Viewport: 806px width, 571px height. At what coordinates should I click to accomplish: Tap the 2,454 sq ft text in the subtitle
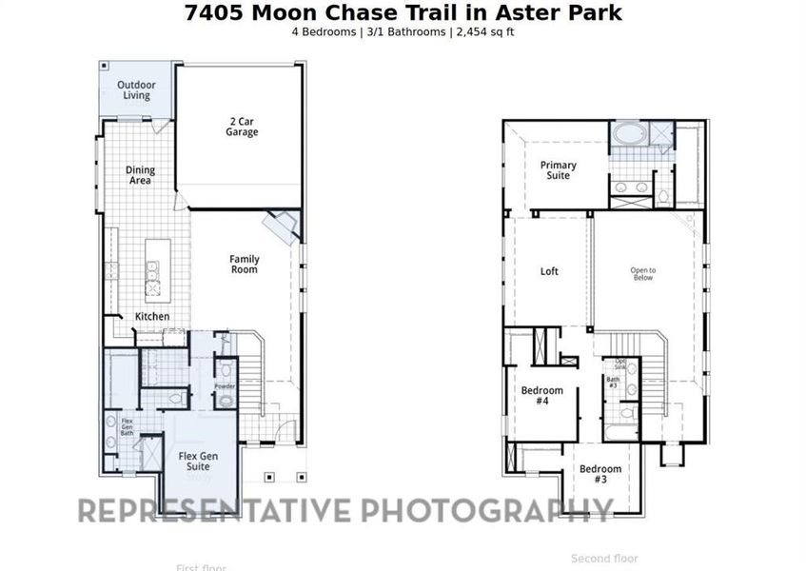coord(482,31)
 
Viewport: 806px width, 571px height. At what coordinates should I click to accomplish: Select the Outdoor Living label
coord(136,90)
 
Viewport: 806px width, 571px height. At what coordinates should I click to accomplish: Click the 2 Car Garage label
coord(242,127)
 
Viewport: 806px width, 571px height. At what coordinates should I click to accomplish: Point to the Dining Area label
coord(141,175)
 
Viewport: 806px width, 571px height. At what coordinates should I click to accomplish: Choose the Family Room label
coord(244,265)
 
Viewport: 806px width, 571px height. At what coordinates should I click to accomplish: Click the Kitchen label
coord(152,316)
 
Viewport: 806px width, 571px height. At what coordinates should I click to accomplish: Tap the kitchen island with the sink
coord(152,267)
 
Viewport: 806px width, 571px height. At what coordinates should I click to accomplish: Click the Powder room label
coord(225,386)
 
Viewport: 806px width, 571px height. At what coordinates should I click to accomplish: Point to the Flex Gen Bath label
coord(127,426)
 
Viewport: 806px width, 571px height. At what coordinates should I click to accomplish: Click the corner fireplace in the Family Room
coord(283,226)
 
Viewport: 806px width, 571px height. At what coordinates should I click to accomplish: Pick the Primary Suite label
coord(558,170)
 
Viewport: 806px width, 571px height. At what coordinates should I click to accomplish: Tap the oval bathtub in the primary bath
coord(628,134)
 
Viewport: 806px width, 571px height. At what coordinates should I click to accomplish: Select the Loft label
coord(549,271)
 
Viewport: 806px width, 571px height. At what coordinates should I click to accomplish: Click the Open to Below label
coord(643,274)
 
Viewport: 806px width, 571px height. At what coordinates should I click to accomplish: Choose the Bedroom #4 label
coord(541,396)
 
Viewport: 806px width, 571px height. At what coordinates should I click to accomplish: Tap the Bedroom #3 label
coord(600,474)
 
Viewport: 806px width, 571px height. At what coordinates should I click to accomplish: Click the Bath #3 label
coord(613,383)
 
